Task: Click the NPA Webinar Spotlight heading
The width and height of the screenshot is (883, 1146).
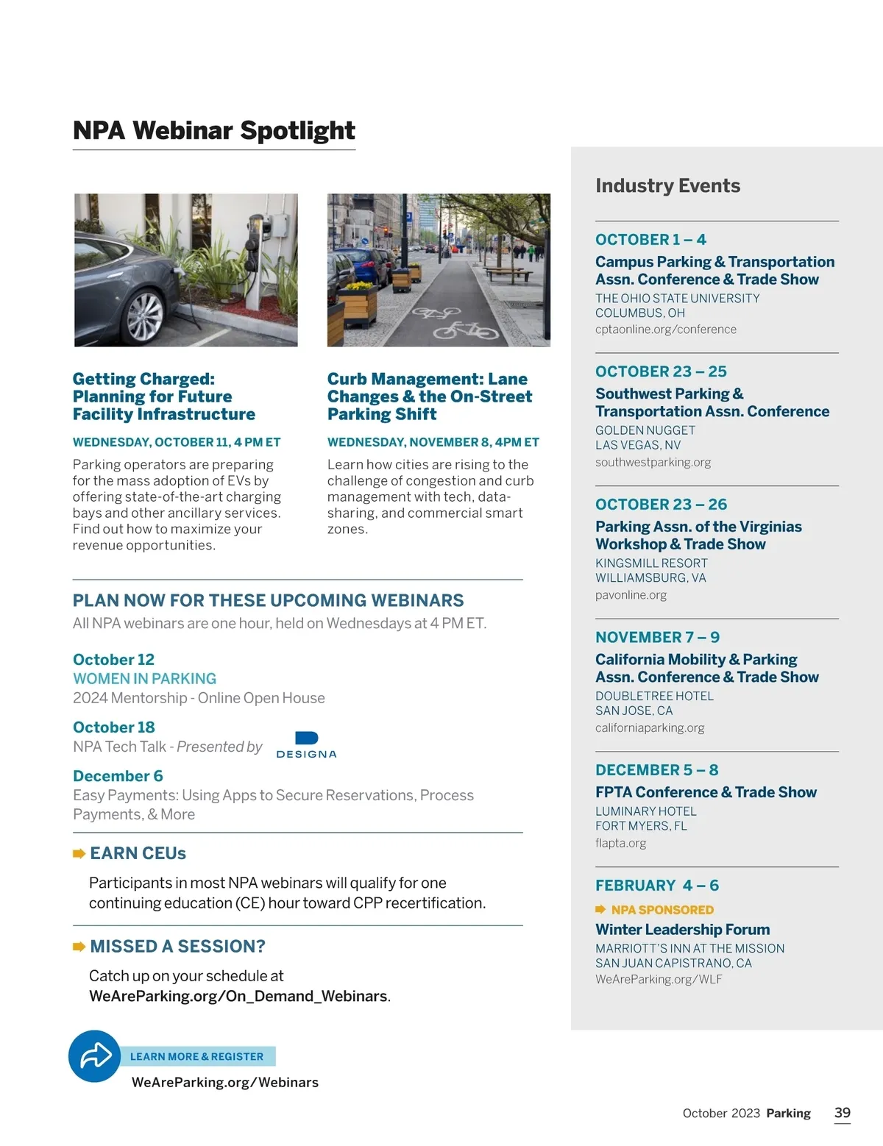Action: pyautogui.click(x=213, y=131)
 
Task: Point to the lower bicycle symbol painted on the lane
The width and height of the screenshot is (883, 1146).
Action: pyautogui.click(x=465, y=330)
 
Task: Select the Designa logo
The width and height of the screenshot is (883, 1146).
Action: pyautogui.click(x=306, y=744)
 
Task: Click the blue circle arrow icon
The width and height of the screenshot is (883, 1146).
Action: pyautogui.click(x=94, y=1056)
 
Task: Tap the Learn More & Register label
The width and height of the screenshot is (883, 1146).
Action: pyautogui.click(x=196, y=1056)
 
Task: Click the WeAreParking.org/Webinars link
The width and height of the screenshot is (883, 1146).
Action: pyautogui.click(x=224, y=1082)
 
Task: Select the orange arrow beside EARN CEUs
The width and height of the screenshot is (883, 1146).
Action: pyautogui.click(x=79, y=853)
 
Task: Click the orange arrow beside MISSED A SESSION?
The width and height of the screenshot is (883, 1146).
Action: pyautogui.click(x=79, y=947)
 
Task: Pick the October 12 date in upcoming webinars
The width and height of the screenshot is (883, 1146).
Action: pyautogui.click(x=113, y=660)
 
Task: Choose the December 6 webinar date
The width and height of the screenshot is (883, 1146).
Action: pyautogui.click(x=118, y=776)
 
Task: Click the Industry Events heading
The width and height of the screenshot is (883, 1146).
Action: pyautogui.click(x=667, y=186)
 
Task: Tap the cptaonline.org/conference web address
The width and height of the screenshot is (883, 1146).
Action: pyautogui.click(x=665, y=330)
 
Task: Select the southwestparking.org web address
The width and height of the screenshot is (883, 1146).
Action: pyautogui.click(x=653, y=462)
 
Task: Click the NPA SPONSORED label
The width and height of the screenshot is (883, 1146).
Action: pyautogui.click(x=662, y=910)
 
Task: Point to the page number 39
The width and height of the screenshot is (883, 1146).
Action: pyautogui.click(x=843, y=1113)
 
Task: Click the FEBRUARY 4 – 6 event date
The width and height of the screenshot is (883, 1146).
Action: pyautogui.click(x=656, y=886)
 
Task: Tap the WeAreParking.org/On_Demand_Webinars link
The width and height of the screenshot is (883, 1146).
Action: pyautogui.click(x=238, y=996)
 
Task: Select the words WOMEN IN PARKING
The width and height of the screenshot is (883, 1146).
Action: pyautogui.click(x=144, y=679)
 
